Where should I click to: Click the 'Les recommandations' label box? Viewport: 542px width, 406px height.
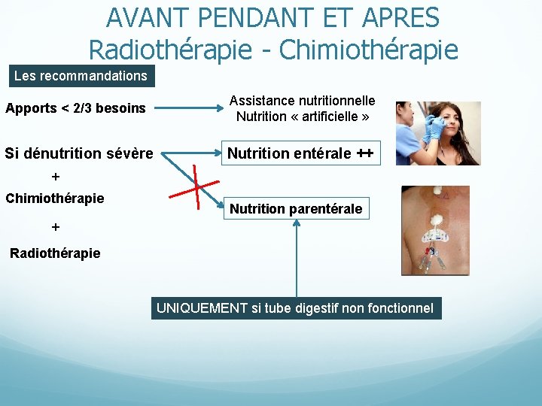[x=81, y=76]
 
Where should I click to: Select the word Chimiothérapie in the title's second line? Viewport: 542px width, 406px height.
[x=368, y=50]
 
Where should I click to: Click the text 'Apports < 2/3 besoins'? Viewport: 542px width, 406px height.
[x=75, y=108]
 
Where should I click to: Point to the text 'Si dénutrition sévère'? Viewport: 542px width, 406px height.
[x=79, y=154]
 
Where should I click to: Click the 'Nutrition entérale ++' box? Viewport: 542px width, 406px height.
[x=300, y=154]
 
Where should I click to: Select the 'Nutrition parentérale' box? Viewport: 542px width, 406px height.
[x=296, y=208]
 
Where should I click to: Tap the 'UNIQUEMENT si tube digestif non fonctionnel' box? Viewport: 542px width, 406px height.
[x=295, y=308]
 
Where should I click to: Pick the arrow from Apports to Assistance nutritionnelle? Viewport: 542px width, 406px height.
[x=184, y=108]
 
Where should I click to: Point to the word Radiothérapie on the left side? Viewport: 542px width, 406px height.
[x=55, y=253]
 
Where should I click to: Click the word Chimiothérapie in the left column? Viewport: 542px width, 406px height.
[x=55, y=198]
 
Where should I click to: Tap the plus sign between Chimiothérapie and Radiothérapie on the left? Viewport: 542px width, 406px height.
[x=55, y=226]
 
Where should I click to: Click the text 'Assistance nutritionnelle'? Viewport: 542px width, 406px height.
[x=302, y=101]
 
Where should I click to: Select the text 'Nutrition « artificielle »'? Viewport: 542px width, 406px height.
[x=302, y=117]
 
